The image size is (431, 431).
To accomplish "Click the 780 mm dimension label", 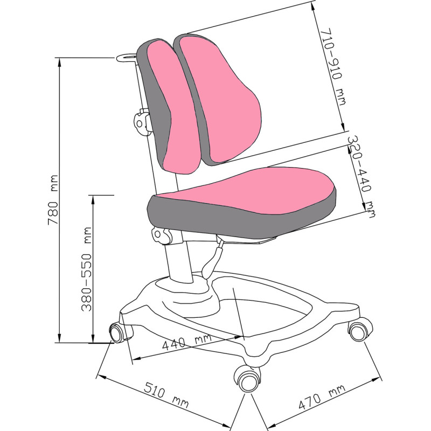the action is pyautogui.click(x=53, y=200).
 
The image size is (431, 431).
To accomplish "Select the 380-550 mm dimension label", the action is pyautogui.click(x=87, y=269).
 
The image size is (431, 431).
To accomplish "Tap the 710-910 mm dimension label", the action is pyautogui.click(x=332, y=67).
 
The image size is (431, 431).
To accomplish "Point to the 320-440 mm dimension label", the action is pyautogui.click(x=361, y=176).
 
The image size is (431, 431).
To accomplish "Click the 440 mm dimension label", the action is pyautogui.click(x=186, y=341).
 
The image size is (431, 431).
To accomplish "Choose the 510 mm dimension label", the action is pyautogui.click(x=166, y=395).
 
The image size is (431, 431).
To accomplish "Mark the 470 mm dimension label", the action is pyautogui.click(x=322, y=397).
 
